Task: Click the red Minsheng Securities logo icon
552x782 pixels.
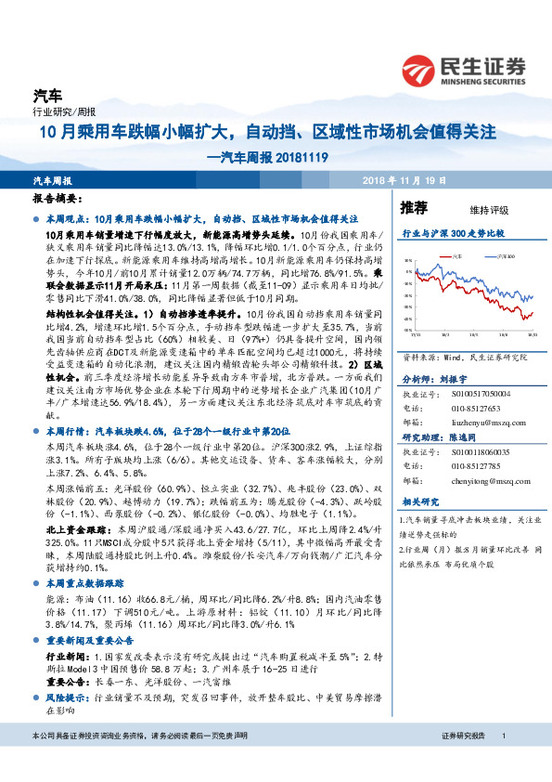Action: (x=422, y=69)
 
